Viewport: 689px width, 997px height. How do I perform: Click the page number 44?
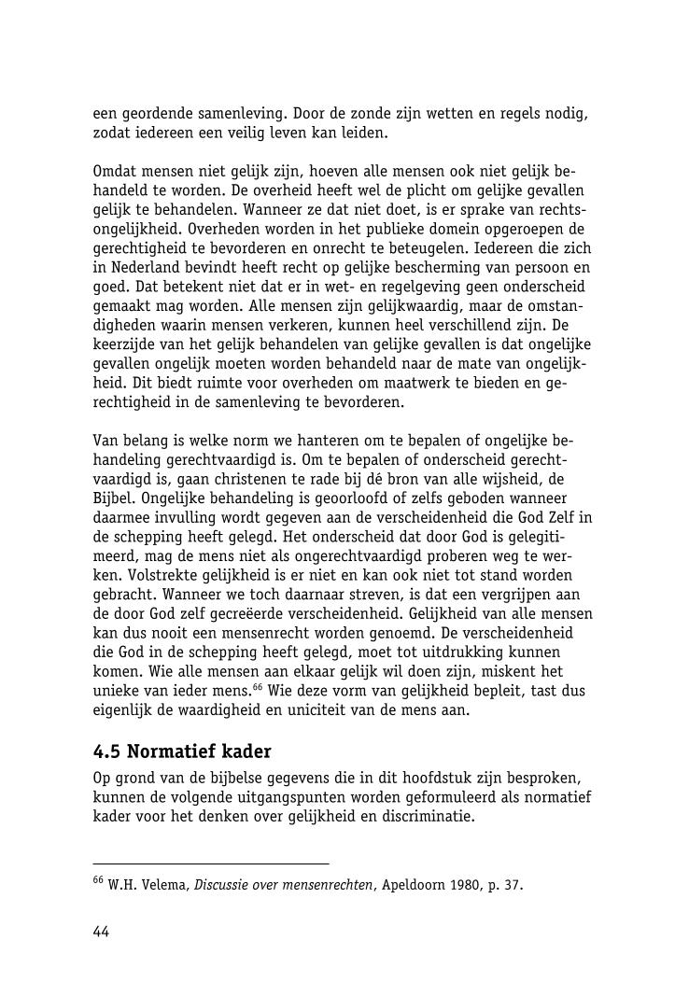(102, 931)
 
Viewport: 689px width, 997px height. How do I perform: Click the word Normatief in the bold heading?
(174, 752)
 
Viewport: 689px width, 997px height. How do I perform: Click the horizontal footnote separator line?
(211, 864)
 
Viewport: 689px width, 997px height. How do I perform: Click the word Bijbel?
(115, 498)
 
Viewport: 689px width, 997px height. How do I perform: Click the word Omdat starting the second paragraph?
(114, 172)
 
